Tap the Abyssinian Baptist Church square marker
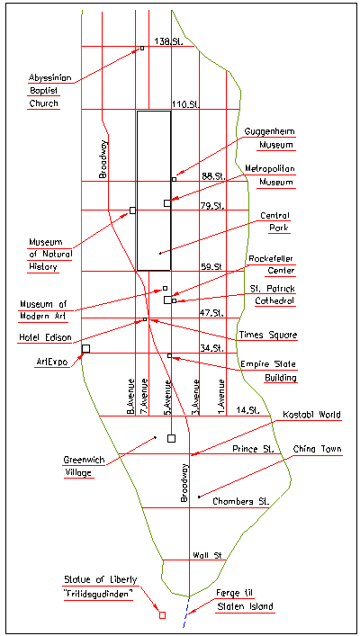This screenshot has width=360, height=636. pyautogui.click(x=142, y=49)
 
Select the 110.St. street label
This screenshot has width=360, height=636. pyautogui.click(x=185, y=104)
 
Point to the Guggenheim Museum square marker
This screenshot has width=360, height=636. pyautogui.click(x=174, y=179)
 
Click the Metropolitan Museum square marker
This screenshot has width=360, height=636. pyautogui.click(x=167, y=203)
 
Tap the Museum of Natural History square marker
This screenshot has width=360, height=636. pyautogui.click(x=132, y=211)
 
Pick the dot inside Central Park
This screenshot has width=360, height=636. pyautogui.click(x=160, y=254)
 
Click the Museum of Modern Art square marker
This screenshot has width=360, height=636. pyautogui.click(x=166, y=289)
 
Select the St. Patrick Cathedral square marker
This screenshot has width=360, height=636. pyautogui.click(x=174, y=301)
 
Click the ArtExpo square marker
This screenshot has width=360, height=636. pyautogui.click(x=85, y=348)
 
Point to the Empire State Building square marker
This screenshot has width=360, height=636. pyautogui.click(x=170, y=356)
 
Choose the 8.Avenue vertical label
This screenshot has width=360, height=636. pyautogui.click(x=130, y=397)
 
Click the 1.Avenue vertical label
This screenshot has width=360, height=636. pyautogui.click(x=221, y=397)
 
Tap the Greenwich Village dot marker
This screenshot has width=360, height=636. pyautogui.click(x=156, y=437)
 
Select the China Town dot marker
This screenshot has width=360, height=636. pyautogui.click(x=199, y=497)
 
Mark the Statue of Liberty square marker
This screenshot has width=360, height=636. pyautogui.click(x=162, y=615)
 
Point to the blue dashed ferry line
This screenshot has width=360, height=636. pyautogui.click(x=186, y=612)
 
